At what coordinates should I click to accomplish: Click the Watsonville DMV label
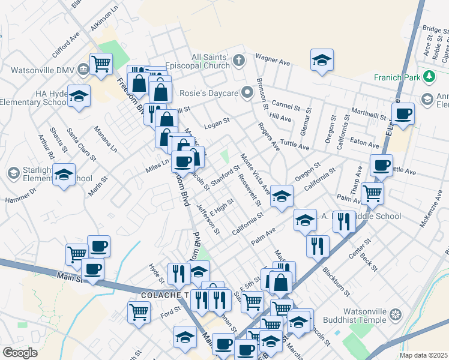click(x=34, y=69)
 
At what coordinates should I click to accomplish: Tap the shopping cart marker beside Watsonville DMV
click(x=101, y=62)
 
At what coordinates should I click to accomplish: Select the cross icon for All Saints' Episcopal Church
click(x=239, y=60)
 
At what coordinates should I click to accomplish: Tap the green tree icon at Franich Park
click(x=429, y=77)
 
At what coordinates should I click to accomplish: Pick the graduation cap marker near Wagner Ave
click(x=322, y=60)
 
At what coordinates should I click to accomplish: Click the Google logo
click(x=20, y=353)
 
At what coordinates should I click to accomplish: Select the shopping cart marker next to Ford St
click(x=138, y=311)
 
